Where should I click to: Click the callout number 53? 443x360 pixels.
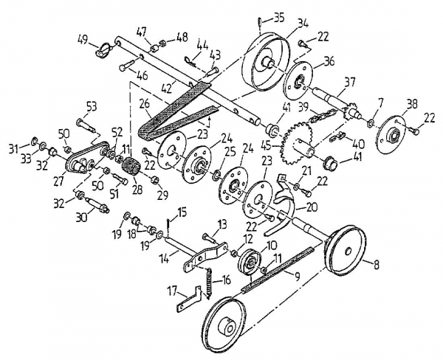[92, 105]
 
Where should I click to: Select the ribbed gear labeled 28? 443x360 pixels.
[132, 172]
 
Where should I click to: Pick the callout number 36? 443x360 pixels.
[329, 61]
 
